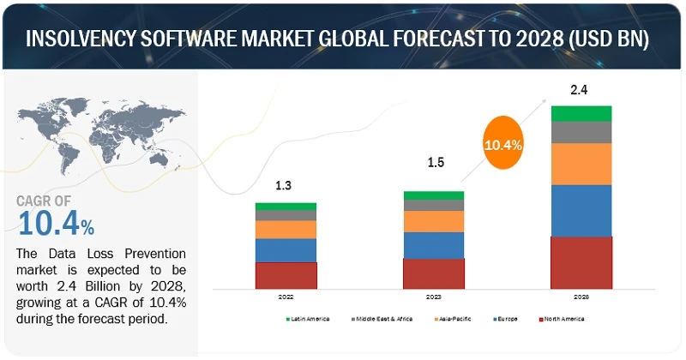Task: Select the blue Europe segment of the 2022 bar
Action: (286, 250)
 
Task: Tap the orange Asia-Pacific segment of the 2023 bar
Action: (433, 221)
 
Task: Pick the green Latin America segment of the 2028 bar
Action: (581, 113)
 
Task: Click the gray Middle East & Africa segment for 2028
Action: (581, 132)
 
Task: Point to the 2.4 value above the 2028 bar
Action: (581, 88)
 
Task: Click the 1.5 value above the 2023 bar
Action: (433, 162)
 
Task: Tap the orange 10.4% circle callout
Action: (503, 145)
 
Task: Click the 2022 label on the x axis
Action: (286, 297)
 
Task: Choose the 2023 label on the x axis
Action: (433, 297)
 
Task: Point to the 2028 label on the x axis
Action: (581, 297)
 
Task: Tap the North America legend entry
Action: (563, 319)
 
